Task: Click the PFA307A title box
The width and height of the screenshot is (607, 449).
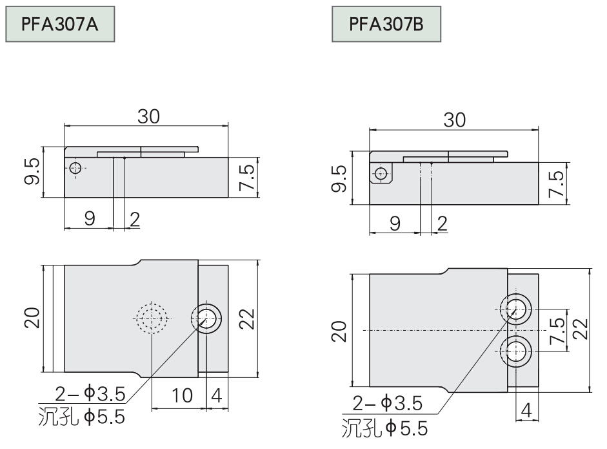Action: tap(60, 24)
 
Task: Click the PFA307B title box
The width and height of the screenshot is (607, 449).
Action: tap(386, 24)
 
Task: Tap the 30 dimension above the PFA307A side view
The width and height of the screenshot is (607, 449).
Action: tap(148, 116)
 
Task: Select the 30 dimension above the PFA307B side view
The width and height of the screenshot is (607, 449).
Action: tap(455, 120)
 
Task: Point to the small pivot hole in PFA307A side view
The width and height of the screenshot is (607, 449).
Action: tap(75, 168)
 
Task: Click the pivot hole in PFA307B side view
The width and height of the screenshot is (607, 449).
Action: tap(381, 174)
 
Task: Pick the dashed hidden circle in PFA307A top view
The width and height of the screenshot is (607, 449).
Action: tap(152, 318)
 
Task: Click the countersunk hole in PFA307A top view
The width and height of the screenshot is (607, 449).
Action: tap(206, 318)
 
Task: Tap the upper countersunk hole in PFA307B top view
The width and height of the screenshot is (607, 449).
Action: tap(515, 309)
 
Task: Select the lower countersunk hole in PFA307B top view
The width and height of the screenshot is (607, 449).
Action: tap(515, 351)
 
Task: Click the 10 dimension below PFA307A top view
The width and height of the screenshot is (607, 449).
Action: tap(181, 396)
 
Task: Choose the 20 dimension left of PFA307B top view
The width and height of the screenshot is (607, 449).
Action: tap(339, 331)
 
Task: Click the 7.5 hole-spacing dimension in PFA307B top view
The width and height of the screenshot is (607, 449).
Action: tap(558, 330)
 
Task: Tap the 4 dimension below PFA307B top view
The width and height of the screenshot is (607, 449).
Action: tap(526, 410)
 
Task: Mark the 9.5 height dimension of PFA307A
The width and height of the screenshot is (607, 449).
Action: tap(32, 171)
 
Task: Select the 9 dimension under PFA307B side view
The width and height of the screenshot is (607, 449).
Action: tap(395, 224)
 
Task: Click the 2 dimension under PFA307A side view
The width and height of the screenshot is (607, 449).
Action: tap(134, 220)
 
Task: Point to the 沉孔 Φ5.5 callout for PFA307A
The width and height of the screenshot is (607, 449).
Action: tap(82, 417)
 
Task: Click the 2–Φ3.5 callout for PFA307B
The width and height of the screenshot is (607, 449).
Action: tap(387, 403)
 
